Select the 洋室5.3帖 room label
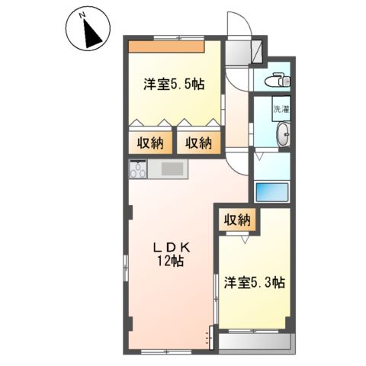(x=255, y=282)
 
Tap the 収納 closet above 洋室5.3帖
(x=236, y=220)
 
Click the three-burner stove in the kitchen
(x=138, y=170)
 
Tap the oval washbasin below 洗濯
(x=283, y=134)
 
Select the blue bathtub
(x=271, y=191)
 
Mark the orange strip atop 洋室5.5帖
(x=165, y=46)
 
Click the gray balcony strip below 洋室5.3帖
(x=253, y=342)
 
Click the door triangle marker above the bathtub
(x=262, y=155)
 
